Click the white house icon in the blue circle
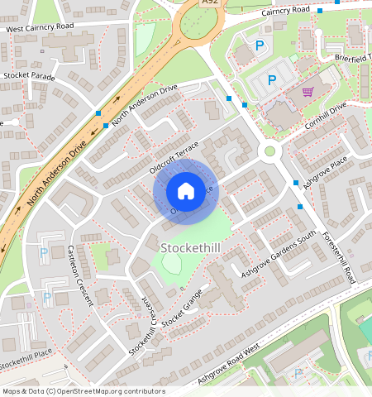tap(186, 191)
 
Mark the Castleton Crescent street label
tap(80, 276)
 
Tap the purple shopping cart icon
tap(308, 93)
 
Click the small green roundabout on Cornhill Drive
tap(269, 151)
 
